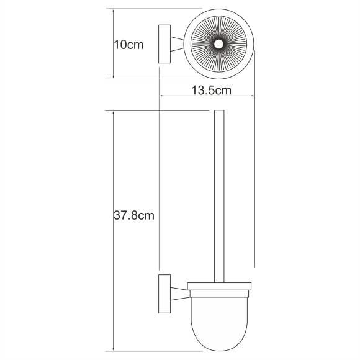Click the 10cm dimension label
129,45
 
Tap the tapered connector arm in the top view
181,44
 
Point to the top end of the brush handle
218,114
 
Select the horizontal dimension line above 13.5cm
207,96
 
